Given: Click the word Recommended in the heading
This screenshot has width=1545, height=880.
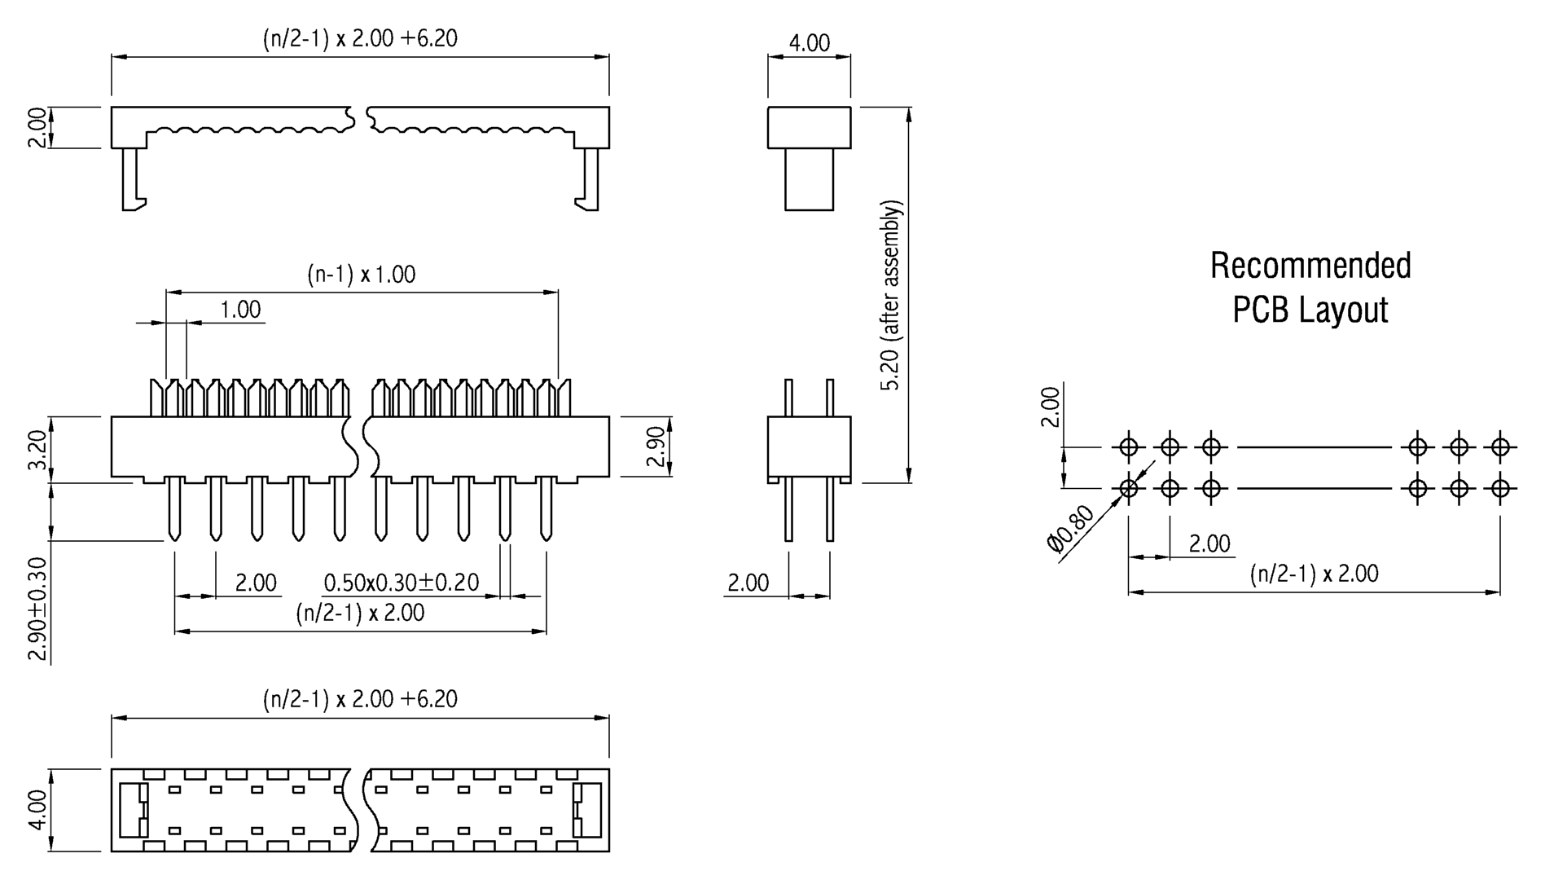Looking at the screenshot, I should click(1310, 266).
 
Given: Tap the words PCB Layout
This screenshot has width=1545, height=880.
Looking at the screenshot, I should click(1310, 310).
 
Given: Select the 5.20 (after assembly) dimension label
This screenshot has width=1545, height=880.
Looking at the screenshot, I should click(892, 295).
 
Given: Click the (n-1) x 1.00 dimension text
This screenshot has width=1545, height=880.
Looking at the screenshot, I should click(361, 275).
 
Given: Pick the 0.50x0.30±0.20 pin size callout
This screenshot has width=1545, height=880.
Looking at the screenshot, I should click(402, 583).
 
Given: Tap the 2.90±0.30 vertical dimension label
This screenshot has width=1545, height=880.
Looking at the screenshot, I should click(37, 609).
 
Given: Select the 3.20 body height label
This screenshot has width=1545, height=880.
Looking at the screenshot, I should click(37, 451).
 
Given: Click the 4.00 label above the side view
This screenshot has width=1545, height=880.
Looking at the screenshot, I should click(809, 43).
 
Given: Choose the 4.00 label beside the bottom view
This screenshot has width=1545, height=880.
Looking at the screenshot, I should click(37, 810).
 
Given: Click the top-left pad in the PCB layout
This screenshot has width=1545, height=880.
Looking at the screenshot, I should click(1128, 447).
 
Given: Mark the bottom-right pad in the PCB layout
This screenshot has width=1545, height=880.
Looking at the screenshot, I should click(1500, 489).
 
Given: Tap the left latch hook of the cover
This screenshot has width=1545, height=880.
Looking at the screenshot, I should click(132, 183).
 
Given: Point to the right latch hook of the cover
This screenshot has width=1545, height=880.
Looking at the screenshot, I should click(589, 183).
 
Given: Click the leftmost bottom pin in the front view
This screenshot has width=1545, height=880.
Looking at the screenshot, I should click(174, 509).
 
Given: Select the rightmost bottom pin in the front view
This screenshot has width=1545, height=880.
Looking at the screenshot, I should click(546, 509).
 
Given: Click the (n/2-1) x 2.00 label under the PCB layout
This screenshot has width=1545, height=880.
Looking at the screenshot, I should click(1314, 574).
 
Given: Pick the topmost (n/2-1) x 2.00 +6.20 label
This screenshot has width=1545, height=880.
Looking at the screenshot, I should click(360, 38).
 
